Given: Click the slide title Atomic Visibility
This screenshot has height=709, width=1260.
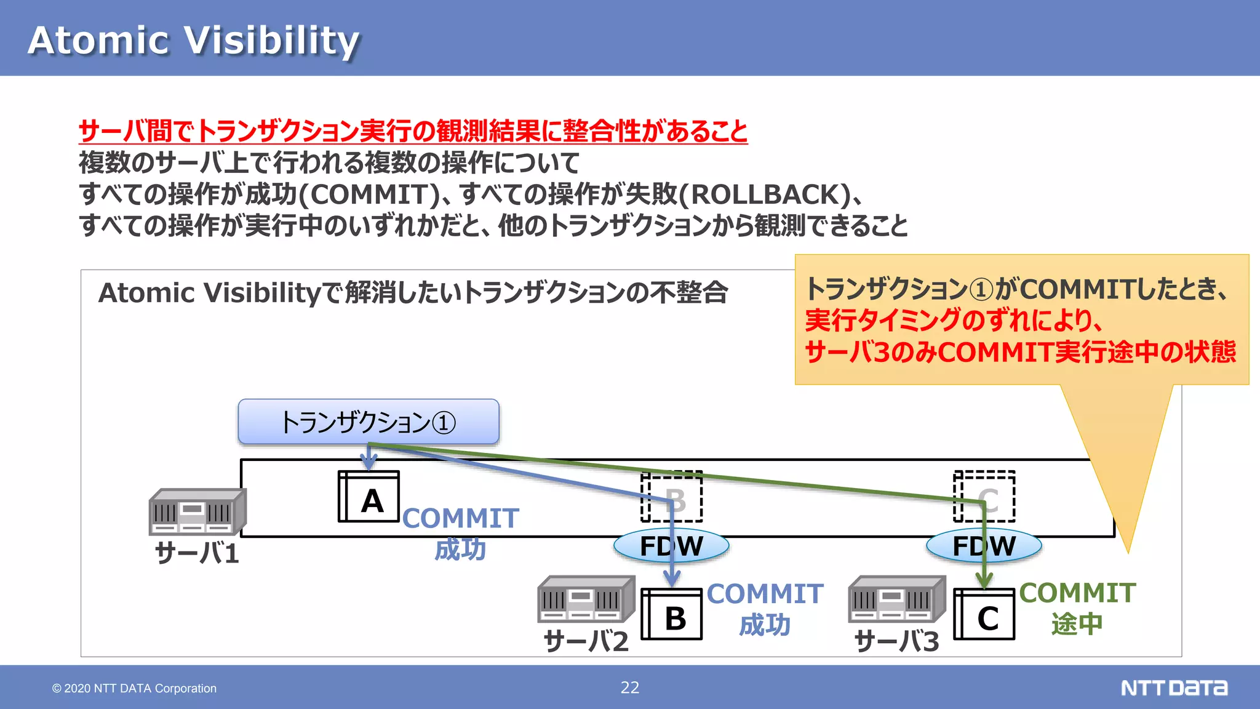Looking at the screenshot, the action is pos(193,41).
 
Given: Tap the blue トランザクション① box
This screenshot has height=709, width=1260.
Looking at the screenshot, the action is pos(369,422).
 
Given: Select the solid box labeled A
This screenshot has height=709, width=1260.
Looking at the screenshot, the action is pos(369,497).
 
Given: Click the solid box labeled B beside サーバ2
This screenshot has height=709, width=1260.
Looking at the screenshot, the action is pos(672,614).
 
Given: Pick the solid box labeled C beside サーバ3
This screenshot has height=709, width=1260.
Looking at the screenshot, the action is pos(984,614).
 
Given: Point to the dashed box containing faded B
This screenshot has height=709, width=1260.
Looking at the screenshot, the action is pos(672,497).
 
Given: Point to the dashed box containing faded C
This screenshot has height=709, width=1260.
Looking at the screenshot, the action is pos(984,497).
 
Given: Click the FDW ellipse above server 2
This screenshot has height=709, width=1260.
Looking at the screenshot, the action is pos(671,546).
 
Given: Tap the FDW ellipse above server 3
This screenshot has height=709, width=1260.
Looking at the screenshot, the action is pos(984,546).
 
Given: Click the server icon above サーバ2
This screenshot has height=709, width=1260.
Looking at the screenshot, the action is pos(586,599).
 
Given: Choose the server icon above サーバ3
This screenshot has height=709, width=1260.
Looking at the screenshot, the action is pos(896,599).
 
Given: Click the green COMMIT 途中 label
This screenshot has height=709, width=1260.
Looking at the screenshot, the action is pos(1077,608).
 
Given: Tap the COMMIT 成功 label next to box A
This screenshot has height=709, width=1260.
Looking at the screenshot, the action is pos(461,534).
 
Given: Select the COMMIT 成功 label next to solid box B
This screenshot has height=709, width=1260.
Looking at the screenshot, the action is pos(765,609).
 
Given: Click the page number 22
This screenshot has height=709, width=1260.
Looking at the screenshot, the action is pos(630,687).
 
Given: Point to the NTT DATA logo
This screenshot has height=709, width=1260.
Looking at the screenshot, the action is pos(1174,687).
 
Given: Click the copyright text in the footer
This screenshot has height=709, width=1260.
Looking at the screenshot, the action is pos(134,688).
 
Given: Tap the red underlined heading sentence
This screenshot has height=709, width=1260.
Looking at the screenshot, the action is pos(413,131).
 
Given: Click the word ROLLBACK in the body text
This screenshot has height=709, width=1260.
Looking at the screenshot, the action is pos(766,194).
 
